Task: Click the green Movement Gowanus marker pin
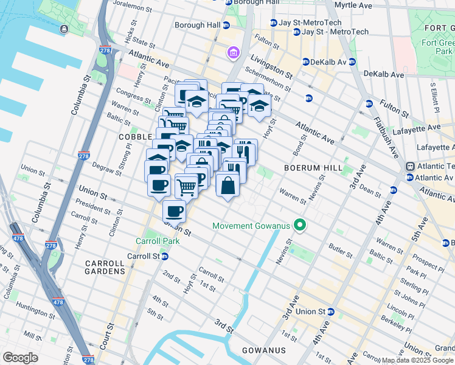click(299, 226)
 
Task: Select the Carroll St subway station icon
click(164, 257)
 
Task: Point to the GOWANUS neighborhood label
click(263, 350)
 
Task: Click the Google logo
click(21, 358)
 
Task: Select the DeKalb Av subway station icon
click(306, 61)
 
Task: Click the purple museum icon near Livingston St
click(233, 54)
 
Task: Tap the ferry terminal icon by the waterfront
click(64, 29)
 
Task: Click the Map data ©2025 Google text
click(417, 360)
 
